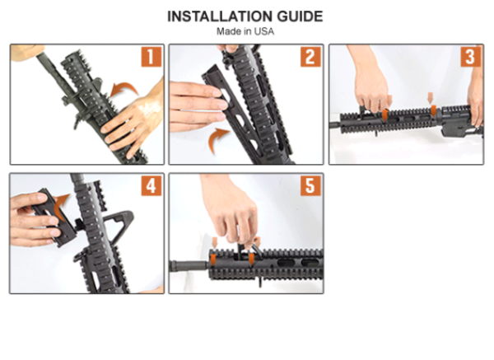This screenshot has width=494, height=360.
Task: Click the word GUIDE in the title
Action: [300, 16]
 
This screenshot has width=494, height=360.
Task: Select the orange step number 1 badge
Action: [151, 57]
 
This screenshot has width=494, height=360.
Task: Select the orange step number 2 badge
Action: [310, 57]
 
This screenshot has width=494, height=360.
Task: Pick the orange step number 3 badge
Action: [471, 57]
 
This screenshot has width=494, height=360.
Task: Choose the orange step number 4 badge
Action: [151, 185]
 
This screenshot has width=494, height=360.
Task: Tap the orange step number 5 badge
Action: [310, 185]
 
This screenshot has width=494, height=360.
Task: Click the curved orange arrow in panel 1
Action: [124, 86]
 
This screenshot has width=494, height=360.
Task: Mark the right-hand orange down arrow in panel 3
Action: [432, 104]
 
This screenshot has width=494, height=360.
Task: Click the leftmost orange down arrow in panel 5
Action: [214, 251]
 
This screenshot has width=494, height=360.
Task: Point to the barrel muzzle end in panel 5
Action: [172, 266]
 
